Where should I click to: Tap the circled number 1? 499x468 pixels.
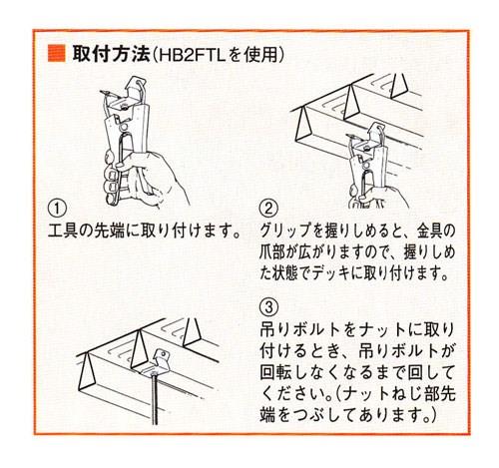[59, 210]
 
